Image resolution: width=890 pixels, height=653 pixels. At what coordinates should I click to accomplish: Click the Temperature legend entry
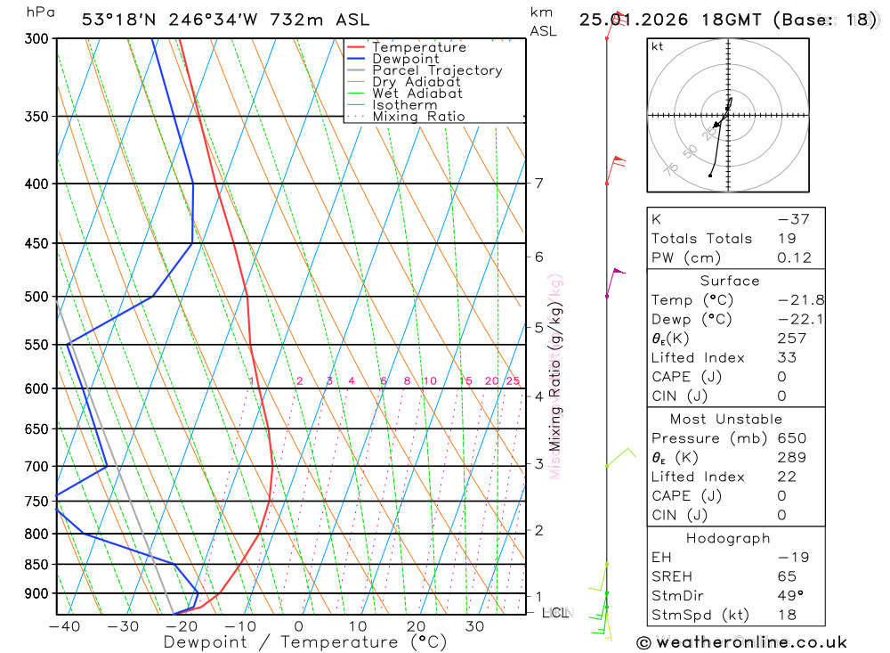click(418, 47)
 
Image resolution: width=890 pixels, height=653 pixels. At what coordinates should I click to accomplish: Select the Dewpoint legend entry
click(405, 59)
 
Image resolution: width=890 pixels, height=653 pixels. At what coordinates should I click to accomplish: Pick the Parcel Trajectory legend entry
click(437, 70)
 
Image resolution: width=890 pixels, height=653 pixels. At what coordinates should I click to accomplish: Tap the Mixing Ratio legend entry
click(418, 117)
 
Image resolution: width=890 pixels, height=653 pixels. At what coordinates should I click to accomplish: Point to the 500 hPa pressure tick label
click(35, 297)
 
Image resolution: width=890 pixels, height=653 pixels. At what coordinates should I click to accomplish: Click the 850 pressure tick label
click(35, 565)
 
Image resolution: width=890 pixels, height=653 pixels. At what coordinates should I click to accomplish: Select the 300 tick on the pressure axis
click(35, 39)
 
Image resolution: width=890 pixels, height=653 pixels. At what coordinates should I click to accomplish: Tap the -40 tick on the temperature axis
click(64, 627)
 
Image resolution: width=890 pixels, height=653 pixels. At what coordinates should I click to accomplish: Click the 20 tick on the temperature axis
click(416, 627)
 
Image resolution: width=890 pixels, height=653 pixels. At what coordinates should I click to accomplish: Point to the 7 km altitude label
click(538, 184)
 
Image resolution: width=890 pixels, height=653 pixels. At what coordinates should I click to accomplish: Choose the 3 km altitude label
click(538, 463)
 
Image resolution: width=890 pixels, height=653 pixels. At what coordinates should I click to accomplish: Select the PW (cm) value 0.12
click(794, 258)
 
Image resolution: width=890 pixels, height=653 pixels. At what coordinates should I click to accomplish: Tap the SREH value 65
click(789, 576)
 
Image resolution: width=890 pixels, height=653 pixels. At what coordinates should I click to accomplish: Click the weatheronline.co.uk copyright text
click(741, 642)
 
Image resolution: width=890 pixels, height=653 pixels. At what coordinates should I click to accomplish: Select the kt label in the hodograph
click(658, 46)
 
